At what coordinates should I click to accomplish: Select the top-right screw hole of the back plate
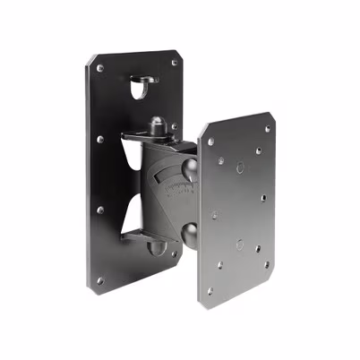tap(174, 63)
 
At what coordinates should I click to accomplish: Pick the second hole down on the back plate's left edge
tap(100, 139)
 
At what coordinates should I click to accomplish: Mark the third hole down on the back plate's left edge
tap(100, 210)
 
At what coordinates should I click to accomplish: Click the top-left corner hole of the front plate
tap(210, 141)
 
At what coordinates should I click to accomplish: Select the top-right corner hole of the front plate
tap(267, 128)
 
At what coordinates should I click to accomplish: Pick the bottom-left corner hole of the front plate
tap(211, 290)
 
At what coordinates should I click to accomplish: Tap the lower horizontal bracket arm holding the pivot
tap(143, 235)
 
